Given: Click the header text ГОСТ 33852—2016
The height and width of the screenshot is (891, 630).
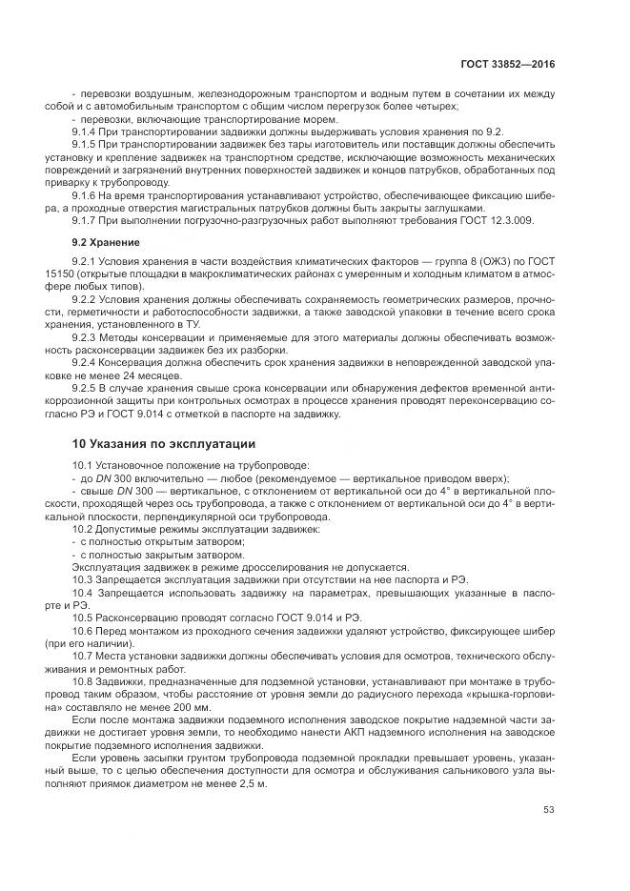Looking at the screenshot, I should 508,64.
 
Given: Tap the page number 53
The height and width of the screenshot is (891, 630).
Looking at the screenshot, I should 548,810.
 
